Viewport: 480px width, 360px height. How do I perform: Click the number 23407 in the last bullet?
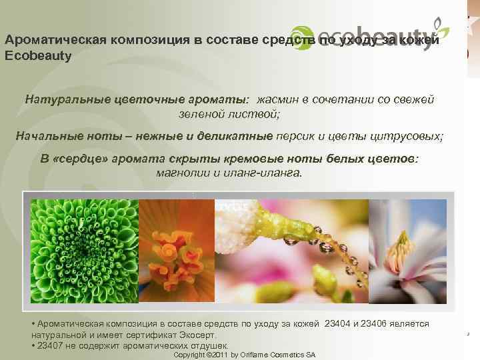click(50, 345)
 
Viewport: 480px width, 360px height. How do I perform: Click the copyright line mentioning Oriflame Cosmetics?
click(244, 355)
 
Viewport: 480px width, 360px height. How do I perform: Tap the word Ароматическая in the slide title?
click(50, 39)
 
